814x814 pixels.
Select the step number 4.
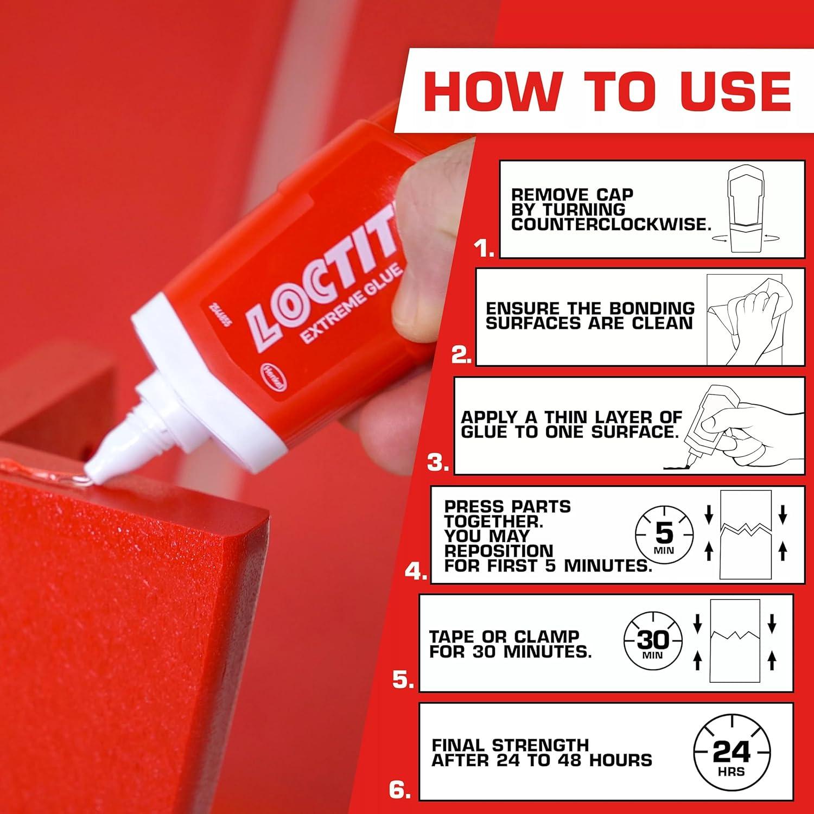pos(416,571)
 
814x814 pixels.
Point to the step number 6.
pos(399,790)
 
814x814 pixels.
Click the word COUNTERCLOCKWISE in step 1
pos(610,225)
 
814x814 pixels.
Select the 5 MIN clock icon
pos(664,536)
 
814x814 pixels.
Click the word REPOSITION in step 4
pos(499,551)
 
